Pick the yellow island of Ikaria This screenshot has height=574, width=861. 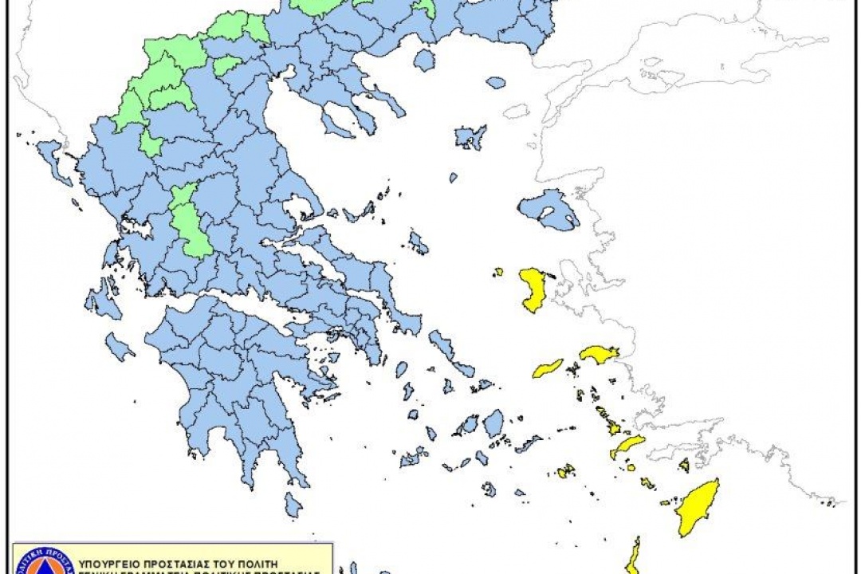click(548, 368)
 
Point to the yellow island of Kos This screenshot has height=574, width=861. click(629, 446)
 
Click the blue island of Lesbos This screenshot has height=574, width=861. click(550, 209)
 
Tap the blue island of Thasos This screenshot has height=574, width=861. click(424, 61)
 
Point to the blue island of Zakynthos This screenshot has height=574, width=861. click(119, 346)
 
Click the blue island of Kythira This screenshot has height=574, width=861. click(293, 505)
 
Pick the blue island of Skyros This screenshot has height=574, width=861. click(418, 242)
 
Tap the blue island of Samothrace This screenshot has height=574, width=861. click(496, 82)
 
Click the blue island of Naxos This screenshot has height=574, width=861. click(493, 422)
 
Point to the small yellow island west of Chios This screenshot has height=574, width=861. click(498, 272)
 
